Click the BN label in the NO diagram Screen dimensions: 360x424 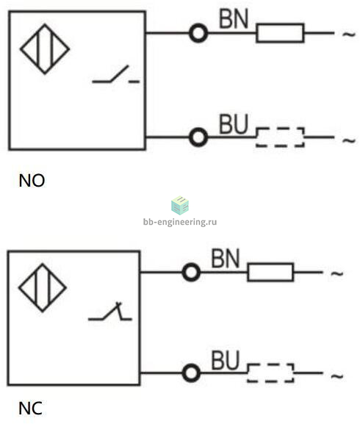pos(234,18)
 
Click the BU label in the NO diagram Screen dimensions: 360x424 pos(234,124)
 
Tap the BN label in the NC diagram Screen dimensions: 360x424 pos(225,259)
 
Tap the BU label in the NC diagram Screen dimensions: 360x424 pos(225,360)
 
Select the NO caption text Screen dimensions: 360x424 pos(32,180)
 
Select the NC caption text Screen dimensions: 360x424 pos(31,409)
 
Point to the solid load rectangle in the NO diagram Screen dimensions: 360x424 pos(280,24)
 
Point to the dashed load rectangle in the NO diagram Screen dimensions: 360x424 pos(280,128)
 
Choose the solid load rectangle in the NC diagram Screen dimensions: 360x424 pos(270,264)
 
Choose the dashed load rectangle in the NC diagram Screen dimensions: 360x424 pos(270,364)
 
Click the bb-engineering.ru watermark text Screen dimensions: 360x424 pos(180,222)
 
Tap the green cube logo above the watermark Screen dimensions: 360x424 pos(180,205)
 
